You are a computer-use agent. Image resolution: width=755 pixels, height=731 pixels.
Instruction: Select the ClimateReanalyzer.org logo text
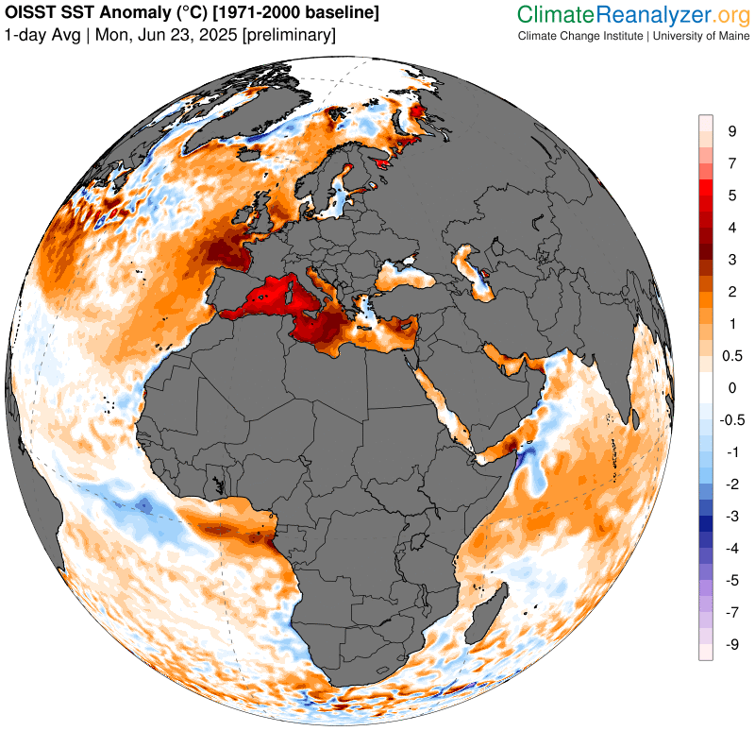[632, 15]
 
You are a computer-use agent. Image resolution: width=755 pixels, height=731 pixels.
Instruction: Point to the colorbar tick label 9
[732, 131]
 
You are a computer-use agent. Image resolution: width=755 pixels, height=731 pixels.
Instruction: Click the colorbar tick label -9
[730, 644]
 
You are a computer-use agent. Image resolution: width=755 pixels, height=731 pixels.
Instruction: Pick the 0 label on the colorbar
[731, 387]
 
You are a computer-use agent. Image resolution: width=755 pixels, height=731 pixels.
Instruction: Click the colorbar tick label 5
[732, 195]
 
